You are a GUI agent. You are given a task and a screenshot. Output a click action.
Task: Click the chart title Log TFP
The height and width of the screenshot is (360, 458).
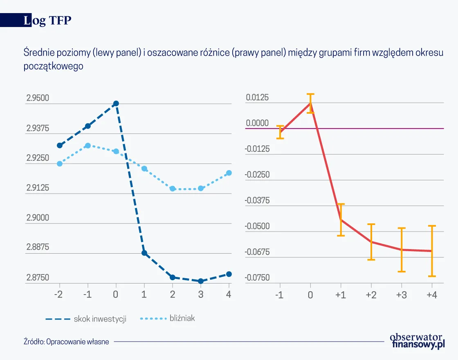(47, 21)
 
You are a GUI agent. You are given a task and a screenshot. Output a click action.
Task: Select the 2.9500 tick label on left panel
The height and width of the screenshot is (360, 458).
(38, 98)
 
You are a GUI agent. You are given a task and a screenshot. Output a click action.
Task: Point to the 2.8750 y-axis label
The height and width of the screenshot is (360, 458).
(38, 278)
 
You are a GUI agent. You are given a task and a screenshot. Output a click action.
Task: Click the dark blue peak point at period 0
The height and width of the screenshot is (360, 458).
(116, 103)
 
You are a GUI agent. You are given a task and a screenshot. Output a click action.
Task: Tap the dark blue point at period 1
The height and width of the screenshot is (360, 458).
(144, 253)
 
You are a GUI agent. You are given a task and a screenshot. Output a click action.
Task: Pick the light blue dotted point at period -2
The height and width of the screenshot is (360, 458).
(60, 164)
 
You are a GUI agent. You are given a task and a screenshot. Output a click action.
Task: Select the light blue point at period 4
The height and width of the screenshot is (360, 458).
(229, 173)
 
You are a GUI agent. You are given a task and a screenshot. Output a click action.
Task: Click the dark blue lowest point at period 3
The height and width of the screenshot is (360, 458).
(201, 281)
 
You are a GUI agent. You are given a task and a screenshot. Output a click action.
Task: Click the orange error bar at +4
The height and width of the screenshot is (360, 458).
(432, 251)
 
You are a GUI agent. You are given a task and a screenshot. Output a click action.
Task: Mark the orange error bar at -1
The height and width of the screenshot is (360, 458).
(280, 132)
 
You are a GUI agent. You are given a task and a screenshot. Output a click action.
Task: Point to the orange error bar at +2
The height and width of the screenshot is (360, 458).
(371, 242)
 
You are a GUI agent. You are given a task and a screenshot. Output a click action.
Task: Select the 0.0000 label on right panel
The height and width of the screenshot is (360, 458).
(257, 123)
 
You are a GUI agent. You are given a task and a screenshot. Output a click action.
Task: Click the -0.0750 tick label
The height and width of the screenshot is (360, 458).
(257, 278)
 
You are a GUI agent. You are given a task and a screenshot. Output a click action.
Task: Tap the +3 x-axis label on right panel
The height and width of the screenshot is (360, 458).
(401, 295)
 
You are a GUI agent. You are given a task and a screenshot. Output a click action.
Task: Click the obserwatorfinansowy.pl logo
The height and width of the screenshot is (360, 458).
(416, 340)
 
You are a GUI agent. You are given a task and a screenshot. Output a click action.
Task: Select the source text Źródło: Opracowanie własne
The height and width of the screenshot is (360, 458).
(66, 342)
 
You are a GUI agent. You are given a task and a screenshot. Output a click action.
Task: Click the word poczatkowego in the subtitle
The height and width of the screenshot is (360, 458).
(54, 66)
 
